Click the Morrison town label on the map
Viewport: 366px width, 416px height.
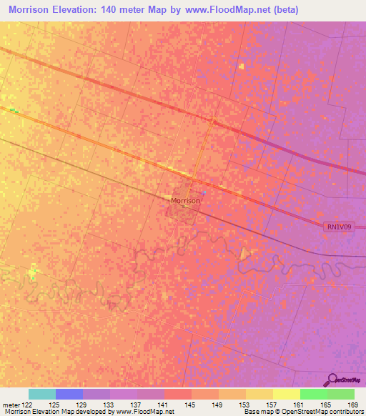coord(185,202)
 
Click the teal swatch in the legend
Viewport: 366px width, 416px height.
coord(42,394)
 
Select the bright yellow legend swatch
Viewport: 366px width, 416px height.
coord(286,394)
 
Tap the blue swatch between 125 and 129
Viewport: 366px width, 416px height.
coord(69,394)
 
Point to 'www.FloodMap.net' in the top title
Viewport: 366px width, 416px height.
coord(224,10)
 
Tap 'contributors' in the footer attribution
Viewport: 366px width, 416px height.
coord(343,412)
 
